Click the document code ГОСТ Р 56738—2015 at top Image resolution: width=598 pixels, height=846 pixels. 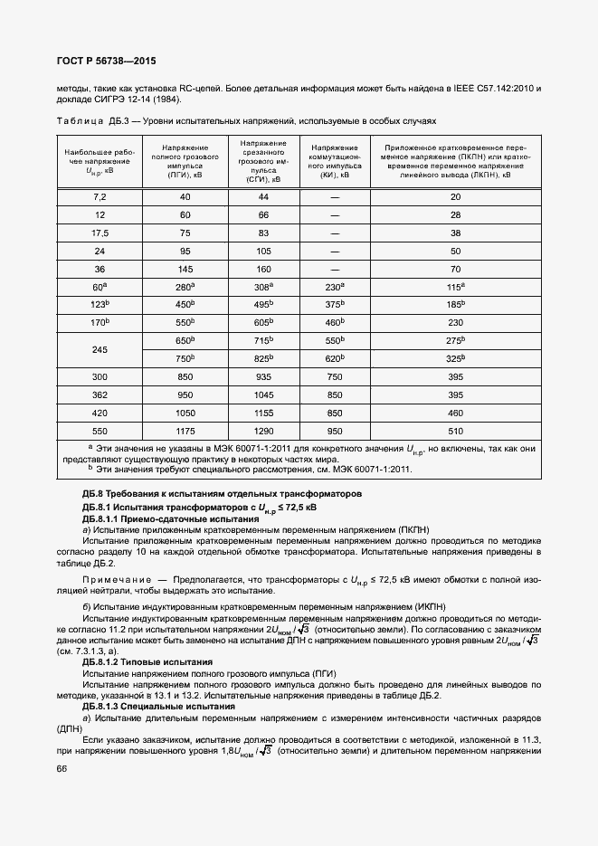tap(107, 62)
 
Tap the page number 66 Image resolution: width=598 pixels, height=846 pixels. tap(62, 768)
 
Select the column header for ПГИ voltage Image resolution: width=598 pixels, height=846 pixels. tap(185, 162)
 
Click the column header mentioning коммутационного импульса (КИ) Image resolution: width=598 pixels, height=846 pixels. tap(336, 162)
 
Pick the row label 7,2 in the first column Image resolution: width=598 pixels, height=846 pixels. tap(100, 196)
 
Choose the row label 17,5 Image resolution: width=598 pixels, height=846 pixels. tap(100, 233)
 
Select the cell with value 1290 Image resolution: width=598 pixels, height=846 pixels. tap(264, 430)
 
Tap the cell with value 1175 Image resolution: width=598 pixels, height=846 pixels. tap(185, 430)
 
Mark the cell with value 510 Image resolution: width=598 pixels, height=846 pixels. tap(455, 430)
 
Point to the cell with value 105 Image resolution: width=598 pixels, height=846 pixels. tap(264, 251)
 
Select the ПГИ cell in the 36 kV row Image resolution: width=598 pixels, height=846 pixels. tap(185, 269)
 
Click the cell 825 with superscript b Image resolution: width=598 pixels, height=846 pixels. tap(264, 357)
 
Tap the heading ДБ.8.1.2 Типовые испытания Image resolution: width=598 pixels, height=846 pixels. tap(147, 662)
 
